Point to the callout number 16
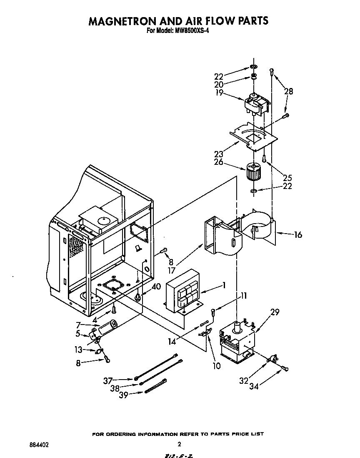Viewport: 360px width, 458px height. coord(297,235)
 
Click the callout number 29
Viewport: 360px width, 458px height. coord(275,312)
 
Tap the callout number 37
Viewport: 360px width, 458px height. coord(108,380)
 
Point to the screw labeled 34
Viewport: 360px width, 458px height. coord(285,368)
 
